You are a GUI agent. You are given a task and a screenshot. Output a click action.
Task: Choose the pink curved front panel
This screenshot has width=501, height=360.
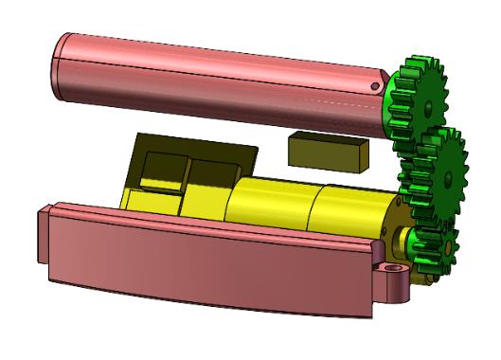coord(208,265)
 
